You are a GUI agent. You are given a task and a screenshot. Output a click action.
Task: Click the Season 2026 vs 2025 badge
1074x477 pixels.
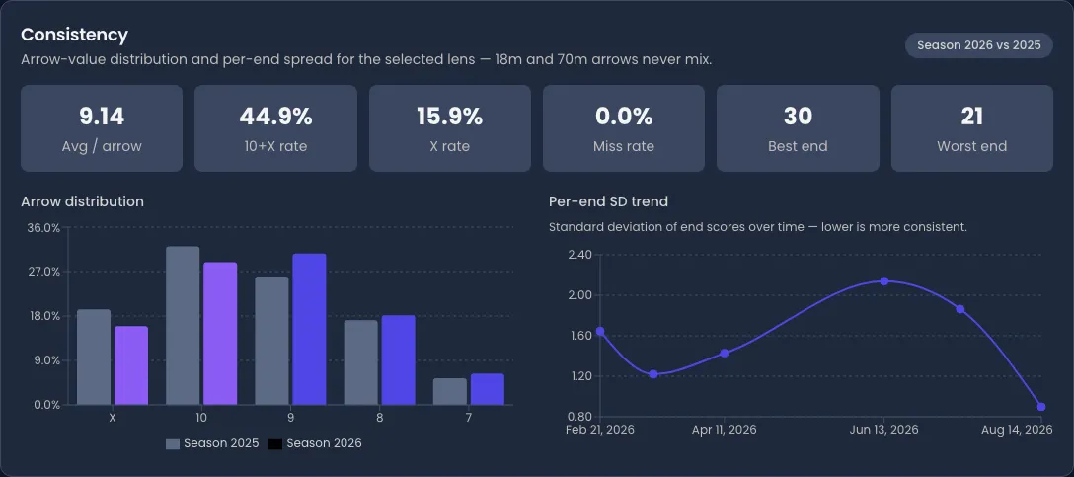tap(979, 45)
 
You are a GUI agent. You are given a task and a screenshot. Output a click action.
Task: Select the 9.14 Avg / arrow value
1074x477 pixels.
tap(102, 117)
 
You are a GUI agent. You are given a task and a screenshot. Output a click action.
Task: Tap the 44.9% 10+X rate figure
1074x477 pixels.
tap(275, 117)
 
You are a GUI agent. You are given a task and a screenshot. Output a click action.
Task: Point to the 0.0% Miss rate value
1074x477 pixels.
tap(623, 117)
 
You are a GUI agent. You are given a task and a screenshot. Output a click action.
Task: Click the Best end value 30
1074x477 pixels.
tap(798, 117)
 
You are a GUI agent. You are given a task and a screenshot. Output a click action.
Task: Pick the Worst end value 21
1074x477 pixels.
tap(972, 117)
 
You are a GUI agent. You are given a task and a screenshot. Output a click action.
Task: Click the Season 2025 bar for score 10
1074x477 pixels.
tap(183, 326)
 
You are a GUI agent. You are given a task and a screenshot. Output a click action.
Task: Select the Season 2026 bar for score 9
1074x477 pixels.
tap(309, 329)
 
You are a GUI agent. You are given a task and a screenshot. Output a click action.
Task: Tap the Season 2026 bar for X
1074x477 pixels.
tap(131, 365)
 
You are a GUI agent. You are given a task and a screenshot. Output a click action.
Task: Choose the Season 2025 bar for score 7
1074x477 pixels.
tap(450, 391)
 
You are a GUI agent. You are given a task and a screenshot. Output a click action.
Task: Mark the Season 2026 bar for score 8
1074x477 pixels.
tap(398, 359)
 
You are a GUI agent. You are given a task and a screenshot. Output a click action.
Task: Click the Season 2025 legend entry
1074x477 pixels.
tap(212, 443)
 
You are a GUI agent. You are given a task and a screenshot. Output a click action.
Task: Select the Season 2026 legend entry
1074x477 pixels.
tap(315, 443)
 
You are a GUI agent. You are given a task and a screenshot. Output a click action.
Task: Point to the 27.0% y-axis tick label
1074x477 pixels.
tap(43, 272)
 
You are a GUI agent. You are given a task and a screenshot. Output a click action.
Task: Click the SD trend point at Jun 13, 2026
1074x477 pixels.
tap(884, 281)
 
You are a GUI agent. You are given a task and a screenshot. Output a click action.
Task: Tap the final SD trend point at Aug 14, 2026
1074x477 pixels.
tap(1041, 407)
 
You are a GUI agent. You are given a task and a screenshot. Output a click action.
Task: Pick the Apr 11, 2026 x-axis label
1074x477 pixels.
tap(724, 429)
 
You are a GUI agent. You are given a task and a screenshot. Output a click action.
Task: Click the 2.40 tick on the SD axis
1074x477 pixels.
tap(580, 255)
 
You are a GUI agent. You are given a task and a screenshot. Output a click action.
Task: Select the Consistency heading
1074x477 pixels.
tap(75, 35)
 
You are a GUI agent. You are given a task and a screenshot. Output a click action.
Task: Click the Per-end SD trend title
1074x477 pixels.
tap(608, 201)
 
